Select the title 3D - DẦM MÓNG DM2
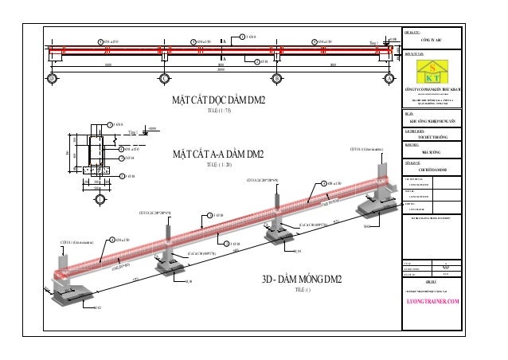[302, 279]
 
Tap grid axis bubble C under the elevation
[164, 79]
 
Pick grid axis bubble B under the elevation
[276, 79]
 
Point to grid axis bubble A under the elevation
[389, 79]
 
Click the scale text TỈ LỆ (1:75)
[218, 111]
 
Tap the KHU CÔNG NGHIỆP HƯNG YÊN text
[435, 121]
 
